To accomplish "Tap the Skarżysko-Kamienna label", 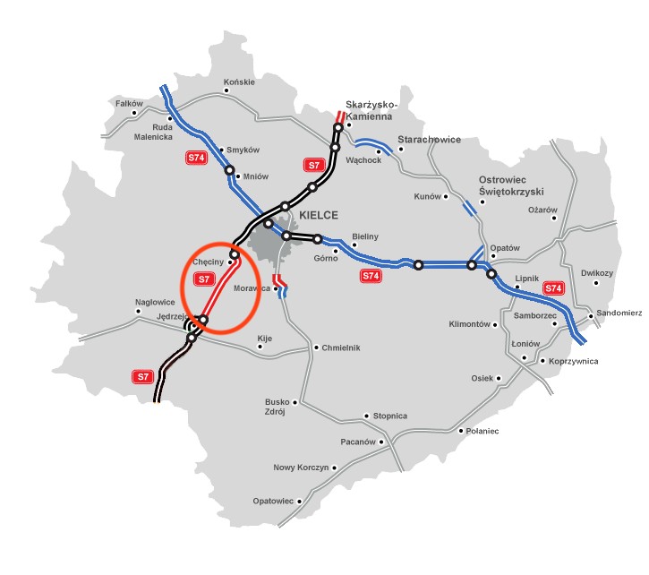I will pos(371,110).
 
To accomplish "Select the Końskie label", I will pos(239,82).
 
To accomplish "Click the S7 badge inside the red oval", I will pos(203,279).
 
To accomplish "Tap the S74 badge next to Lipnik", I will pos(554,288).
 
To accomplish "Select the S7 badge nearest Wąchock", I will pos(313,165).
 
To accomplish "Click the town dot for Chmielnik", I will pos(316,348).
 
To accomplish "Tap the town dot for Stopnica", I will pos(365,416).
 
